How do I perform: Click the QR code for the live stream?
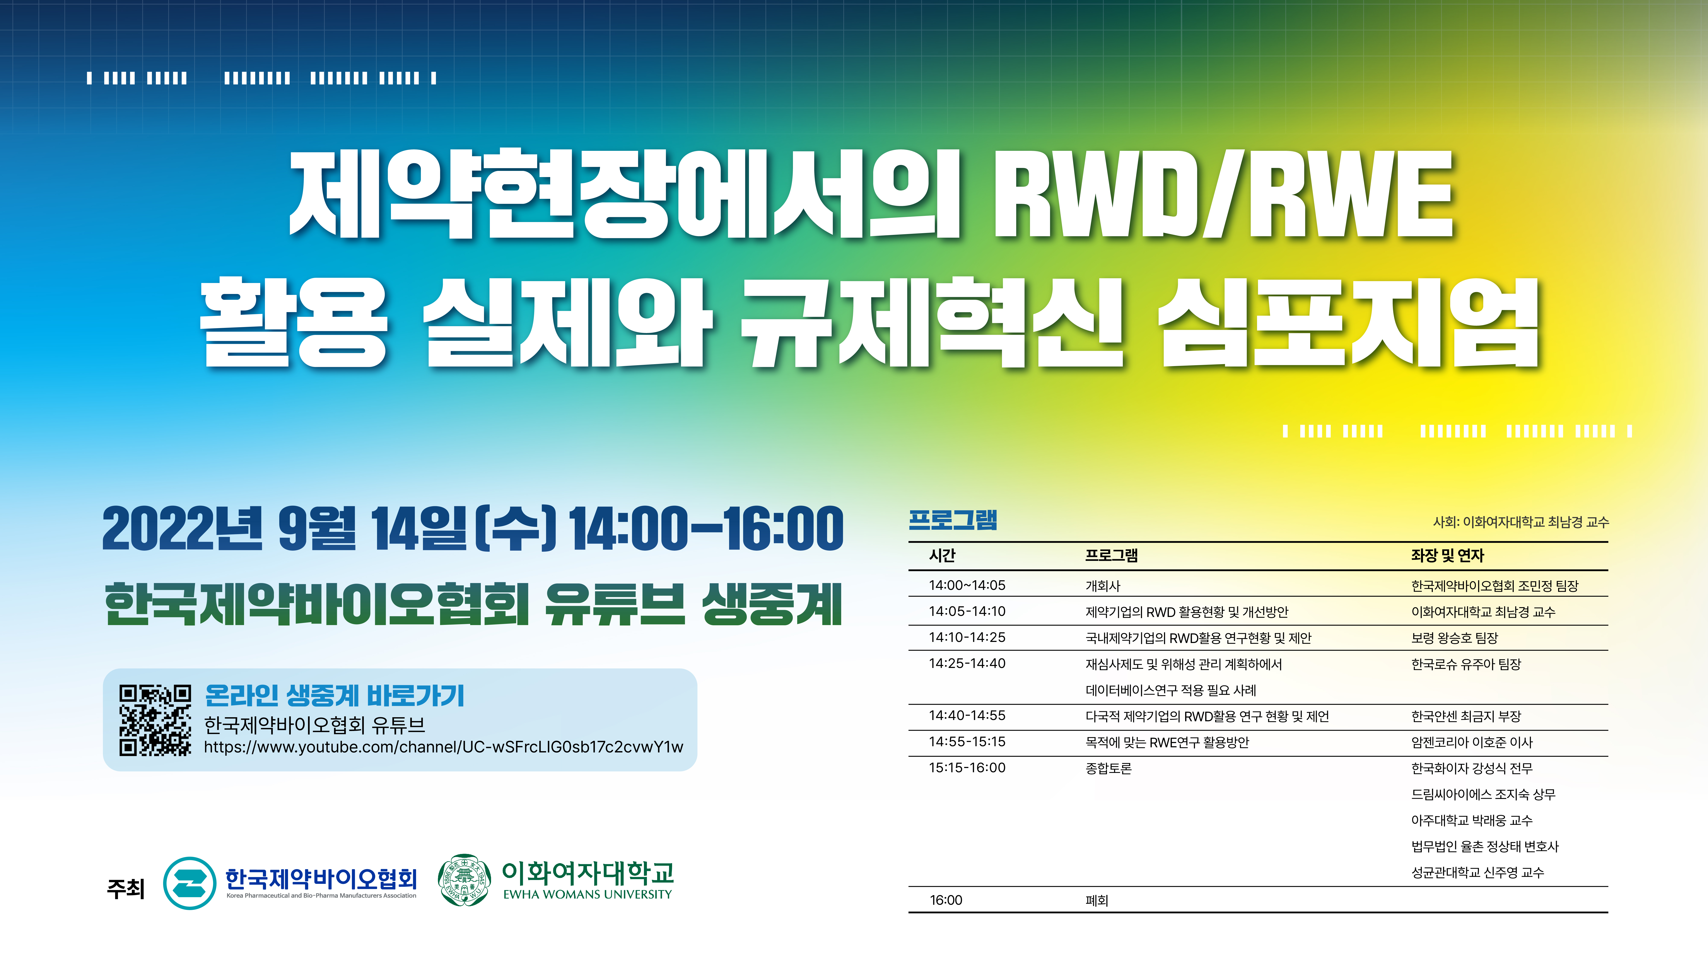pos(155,720)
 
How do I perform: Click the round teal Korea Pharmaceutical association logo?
pos(190,883)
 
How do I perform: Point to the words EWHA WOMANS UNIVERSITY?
pos(588,895)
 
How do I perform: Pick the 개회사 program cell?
pos(1103,586)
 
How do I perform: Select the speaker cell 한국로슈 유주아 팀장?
pos(1466,664)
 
